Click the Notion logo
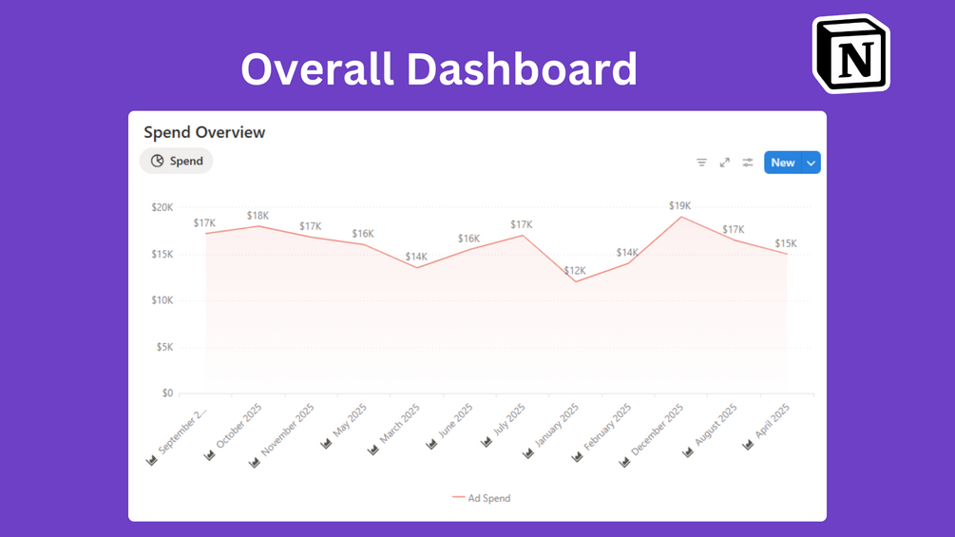pos(851,53)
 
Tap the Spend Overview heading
pos(204,133)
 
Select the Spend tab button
pos(177,162)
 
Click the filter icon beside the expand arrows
pos(701,163)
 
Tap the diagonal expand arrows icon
pos(725,163)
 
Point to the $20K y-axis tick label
pos(162,207)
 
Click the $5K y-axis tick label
pos(163,347)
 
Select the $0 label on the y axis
pos(166,393)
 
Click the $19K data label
pos(679,205)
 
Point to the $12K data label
pos(575,271)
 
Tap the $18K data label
pos(258,216)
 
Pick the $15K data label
pos(786,243)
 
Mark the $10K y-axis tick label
pos(162,300)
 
